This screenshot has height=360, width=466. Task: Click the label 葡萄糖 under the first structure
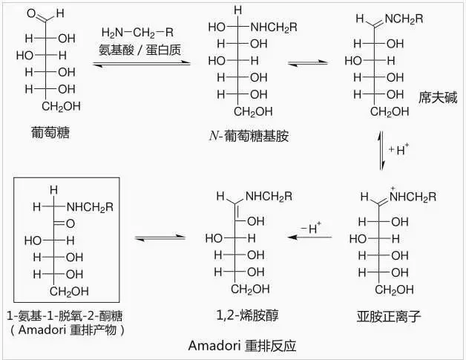click(50, 133)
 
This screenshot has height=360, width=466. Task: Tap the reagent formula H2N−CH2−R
click(137, 33)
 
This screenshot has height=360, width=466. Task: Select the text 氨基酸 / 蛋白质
click(140, 50)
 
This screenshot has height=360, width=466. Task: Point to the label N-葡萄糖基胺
click(249, 136)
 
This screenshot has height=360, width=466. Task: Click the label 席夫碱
click(438, 97)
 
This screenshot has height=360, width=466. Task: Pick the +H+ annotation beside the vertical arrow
click(398, 149)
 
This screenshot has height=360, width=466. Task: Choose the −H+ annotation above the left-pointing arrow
click(311, 228)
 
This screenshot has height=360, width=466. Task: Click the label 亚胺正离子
click(389, 316)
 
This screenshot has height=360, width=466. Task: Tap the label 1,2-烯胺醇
click(247, 315)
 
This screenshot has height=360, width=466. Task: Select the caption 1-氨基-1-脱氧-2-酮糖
click(65, 315)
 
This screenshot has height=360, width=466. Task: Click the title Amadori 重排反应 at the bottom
click(242, 346)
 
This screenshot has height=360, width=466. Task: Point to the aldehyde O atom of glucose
click(31, 13)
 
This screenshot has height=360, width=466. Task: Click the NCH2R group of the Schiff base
click(404, 19)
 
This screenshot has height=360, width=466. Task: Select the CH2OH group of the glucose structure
click(62, 106)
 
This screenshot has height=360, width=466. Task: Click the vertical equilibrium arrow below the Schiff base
click(381, 151)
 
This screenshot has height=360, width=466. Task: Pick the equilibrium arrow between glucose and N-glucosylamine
click(142, 63)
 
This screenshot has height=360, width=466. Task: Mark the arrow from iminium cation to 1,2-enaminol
click(309, 237)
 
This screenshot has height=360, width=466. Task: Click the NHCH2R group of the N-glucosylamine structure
click(274, 27)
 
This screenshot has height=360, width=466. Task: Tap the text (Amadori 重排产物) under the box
click(68, 330)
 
